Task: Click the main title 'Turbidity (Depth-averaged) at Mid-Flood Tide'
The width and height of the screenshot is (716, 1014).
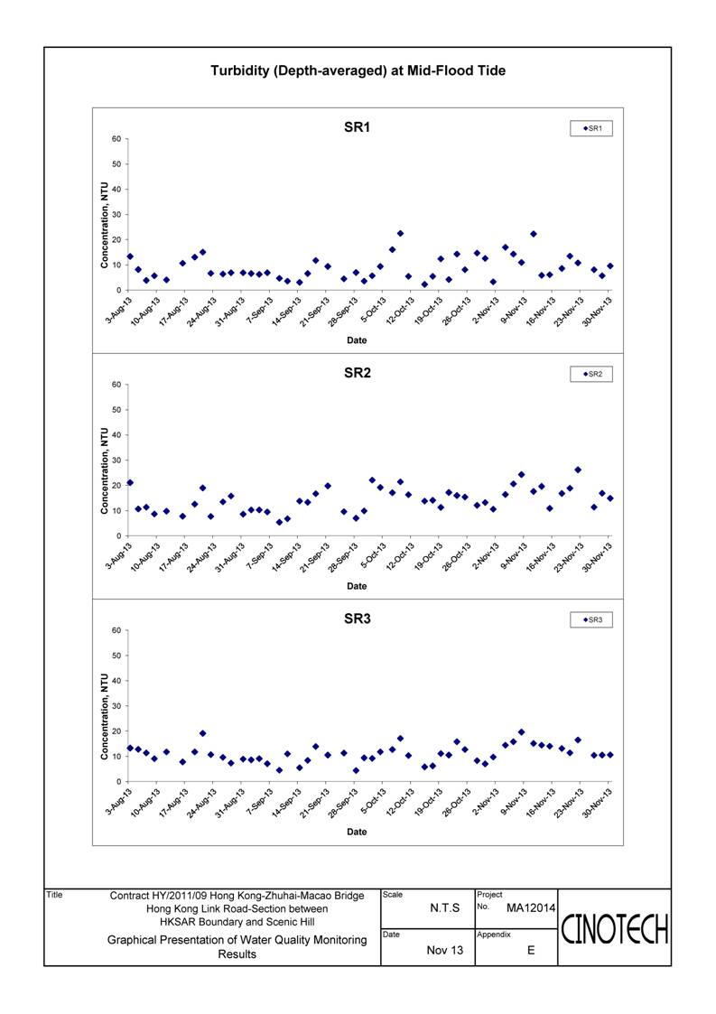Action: [358, 70]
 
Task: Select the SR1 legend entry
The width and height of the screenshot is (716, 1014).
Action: [591, 129]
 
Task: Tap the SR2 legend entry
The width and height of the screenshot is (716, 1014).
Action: [591, 375]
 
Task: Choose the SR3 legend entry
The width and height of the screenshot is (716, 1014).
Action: [591, 620]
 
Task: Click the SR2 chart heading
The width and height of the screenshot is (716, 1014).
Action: [357, 373]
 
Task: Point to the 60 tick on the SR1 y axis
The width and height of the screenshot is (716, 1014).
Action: [116, 139]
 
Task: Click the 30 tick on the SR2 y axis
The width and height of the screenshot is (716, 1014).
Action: [116, 460]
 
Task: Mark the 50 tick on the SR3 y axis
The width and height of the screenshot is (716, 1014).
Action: [116, 656]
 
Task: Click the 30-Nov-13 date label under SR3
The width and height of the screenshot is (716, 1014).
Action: [598, 804]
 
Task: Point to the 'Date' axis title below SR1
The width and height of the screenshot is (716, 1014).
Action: [357, 340]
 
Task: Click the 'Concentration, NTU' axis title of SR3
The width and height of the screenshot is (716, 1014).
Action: [104, 717]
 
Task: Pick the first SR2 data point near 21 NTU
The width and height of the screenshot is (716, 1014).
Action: [130, 482]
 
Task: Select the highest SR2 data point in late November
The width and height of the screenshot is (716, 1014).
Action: [578, 470]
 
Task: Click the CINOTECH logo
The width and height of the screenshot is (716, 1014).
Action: [614, 929]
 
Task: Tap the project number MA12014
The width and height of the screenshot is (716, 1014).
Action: [530, 908]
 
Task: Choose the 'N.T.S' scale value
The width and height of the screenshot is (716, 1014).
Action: [445, 908]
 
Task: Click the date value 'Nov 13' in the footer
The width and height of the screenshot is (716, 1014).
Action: [445, 950]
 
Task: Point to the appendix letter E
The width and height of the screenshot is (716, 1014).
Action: [531, 950]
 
